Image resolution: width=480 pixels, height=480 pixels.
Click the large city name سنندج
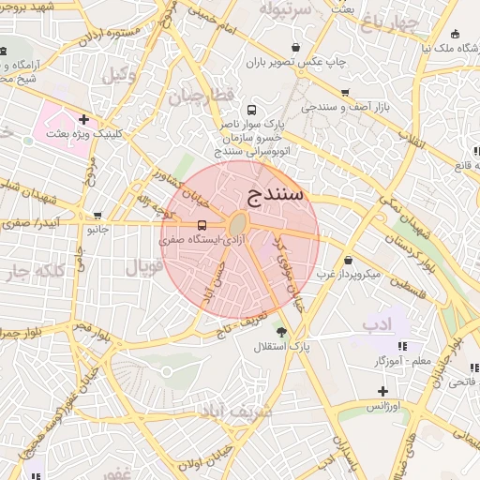(x=277, y=195)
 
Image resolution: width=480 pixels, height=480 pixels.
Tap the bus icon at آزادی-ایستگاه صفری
(x=202, y=226)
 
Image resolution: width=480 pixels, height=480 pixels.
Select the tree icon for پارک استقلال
(x=280, y=332)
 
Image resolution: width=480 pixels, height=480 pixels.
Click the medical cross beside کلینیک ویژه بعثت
(x=84, y=119)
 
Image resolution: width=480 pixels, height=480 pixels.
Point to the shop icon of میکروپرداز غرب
(x=348, y=261)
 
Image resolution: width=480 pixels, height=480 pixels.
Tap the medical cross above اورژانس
(x=382, y=390)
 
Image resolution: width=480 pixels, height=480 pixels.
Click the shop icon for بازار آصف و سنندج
(x=345, y=93)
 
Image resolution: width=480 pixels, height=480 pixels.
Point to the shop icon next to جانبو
(x=97, y=216)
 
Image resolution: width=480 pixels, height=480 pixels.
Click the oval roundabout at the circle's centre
(x=238, y=225)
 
